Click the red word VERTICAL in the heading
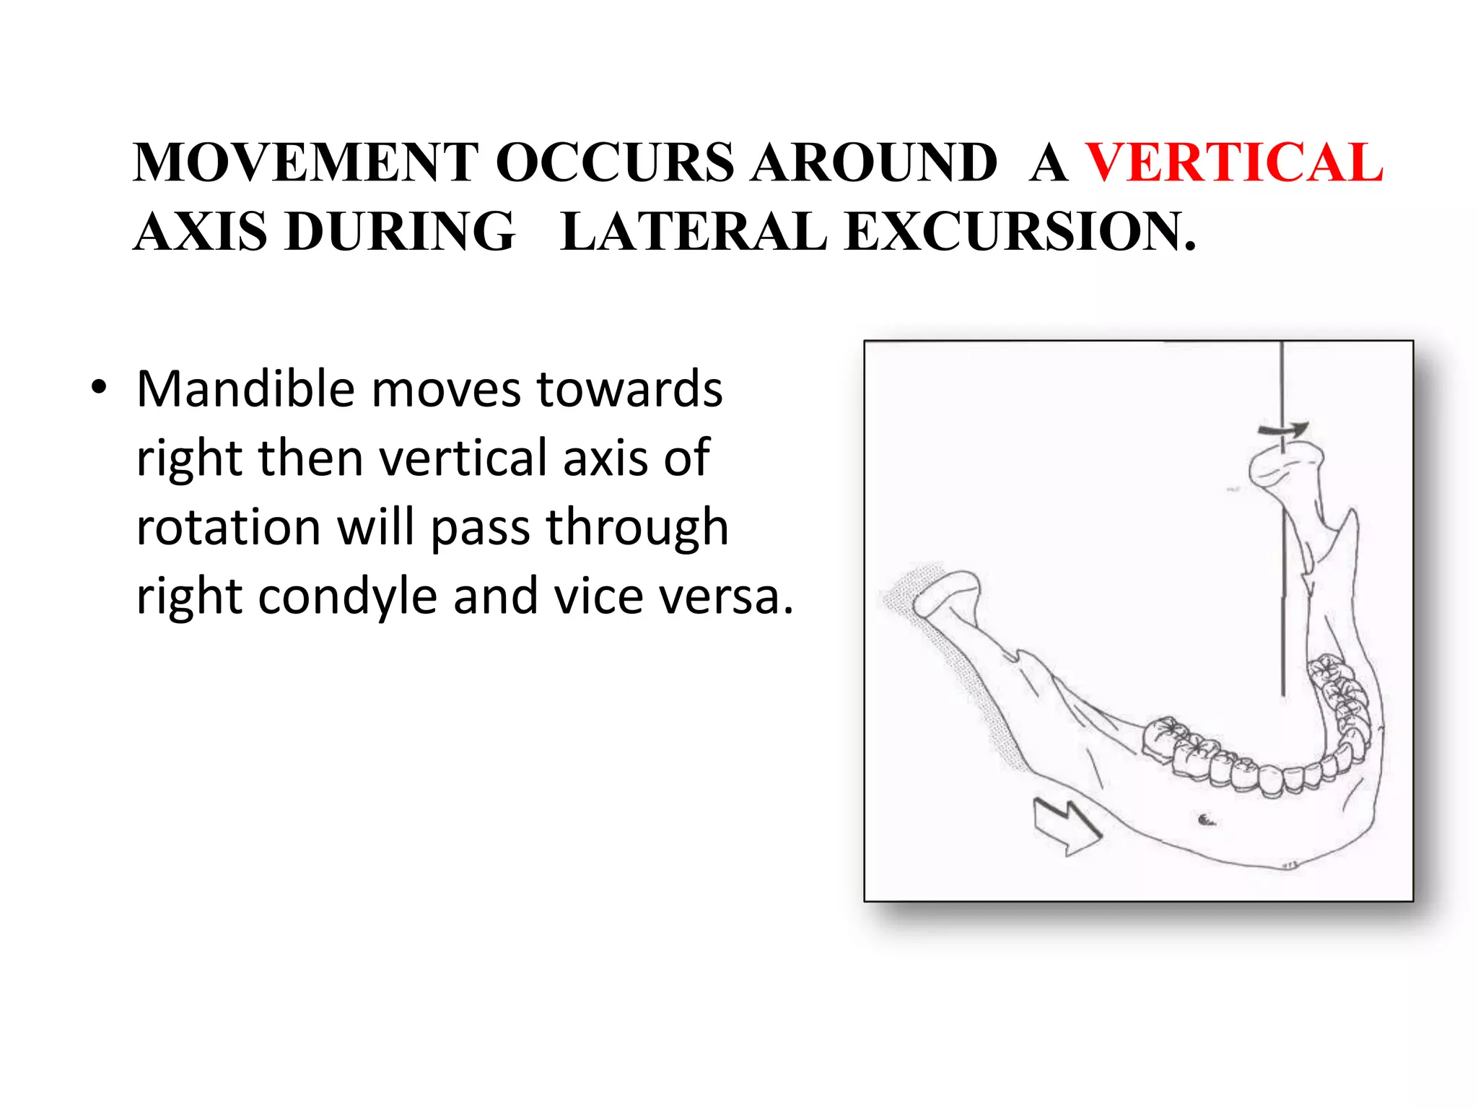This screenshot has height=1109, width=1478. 1234,162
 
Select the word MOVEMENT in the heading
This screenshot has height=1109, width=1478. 305,162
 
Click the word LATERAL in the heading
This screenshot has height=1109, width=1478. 693,232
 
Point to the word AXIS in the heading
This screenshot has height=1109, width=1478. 201,232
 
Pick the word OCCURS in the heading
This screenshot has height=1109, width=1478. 615,162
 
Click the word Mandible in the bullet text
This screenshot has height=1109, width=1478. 245,389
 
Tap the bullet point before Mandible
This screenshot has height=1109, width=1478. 99,388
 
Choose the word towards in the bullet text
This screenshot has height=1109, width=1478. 629,389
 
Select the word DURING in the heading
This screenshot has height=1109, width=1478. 400,232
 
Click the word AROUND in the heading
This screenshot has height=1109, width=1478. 873,162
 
